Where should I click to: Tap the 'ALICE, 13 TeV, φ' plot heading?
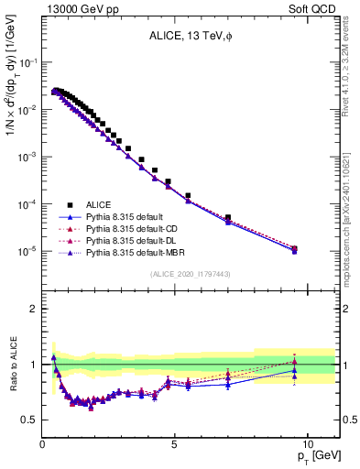pos(191,36)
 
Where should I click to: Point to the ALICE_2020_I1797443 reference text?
pos(191,274)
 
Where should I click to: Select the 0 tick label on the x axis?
pos(43,443)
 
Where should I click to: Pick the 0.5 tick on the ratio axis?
pos(30,420)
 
